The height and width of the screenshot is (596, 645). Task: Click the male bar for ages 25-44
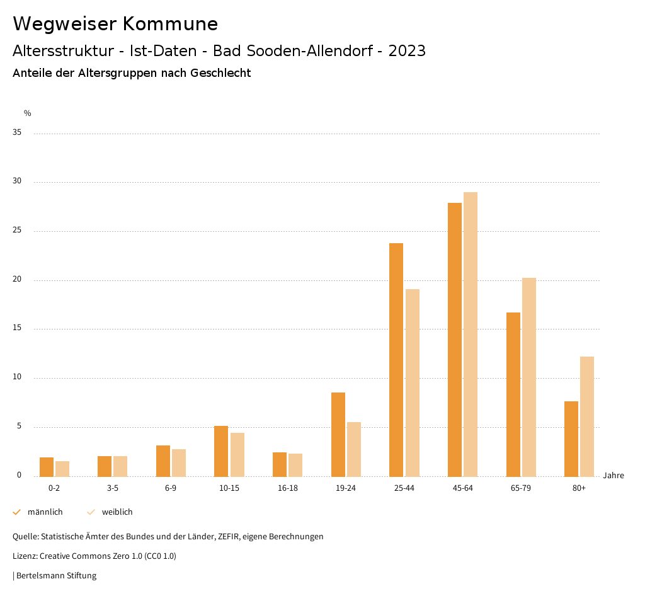pyautogui.click(x=396, y=360)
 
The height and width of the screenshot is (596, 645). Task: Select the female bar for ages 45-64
pyautogui.click(x=471, y=335)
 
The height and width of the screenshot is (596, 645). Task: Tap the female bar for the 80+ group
pyautogui.click(x=587, y=416)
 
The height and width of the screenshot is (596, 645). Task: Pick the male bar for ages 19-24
pyautogui.click(x=338, y=435)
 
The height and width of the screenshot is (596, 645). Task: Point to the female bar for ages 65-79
pyautogui.click(x=529, y=377)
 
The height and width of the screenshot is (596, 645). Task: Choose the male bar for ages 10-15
pyautogui.click(x=221, y=451)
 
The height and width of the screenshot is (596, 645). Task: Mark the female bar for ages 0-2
pyautogui.click(x=62, y=469)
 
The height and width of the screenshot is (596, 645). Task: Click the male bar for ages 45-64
pyautogui.click(x=455, y=340)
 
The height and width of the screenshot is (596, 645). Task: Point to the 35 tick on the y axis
pyautogui.click(x=17, y=133)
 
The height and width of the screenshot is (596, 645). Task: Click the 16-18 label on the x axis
pyautogui.click(x=288, y=488)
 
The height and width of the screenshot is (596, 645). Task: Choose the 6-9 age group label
pyautogui.click(x=171, y=488)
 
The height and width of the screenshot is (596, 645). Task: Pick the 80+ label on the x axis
pyautogui.click(x=579, y=488)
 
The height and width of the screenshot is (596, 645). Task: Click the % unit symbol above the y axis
pyautogui.click(x=28, y=113)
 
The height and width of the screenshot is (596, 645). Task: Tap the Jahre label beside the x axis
pyautogui.click(x=614, y=476)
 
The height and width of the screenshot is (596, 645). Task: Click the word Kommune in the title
pyautogui.click(x=170, y=24)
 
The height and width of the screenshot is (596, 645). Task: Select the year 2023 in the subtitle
pyautogui.click(x=407, y=51)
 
